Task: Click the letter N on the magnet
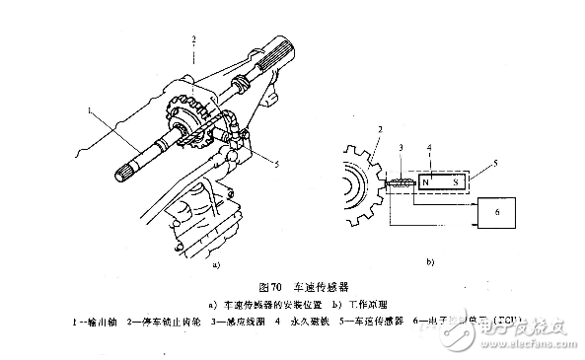[x=425, y=183]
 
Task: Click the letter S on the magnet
[x=455, y=183]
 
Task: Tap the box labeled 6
[x=496, y=214]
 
